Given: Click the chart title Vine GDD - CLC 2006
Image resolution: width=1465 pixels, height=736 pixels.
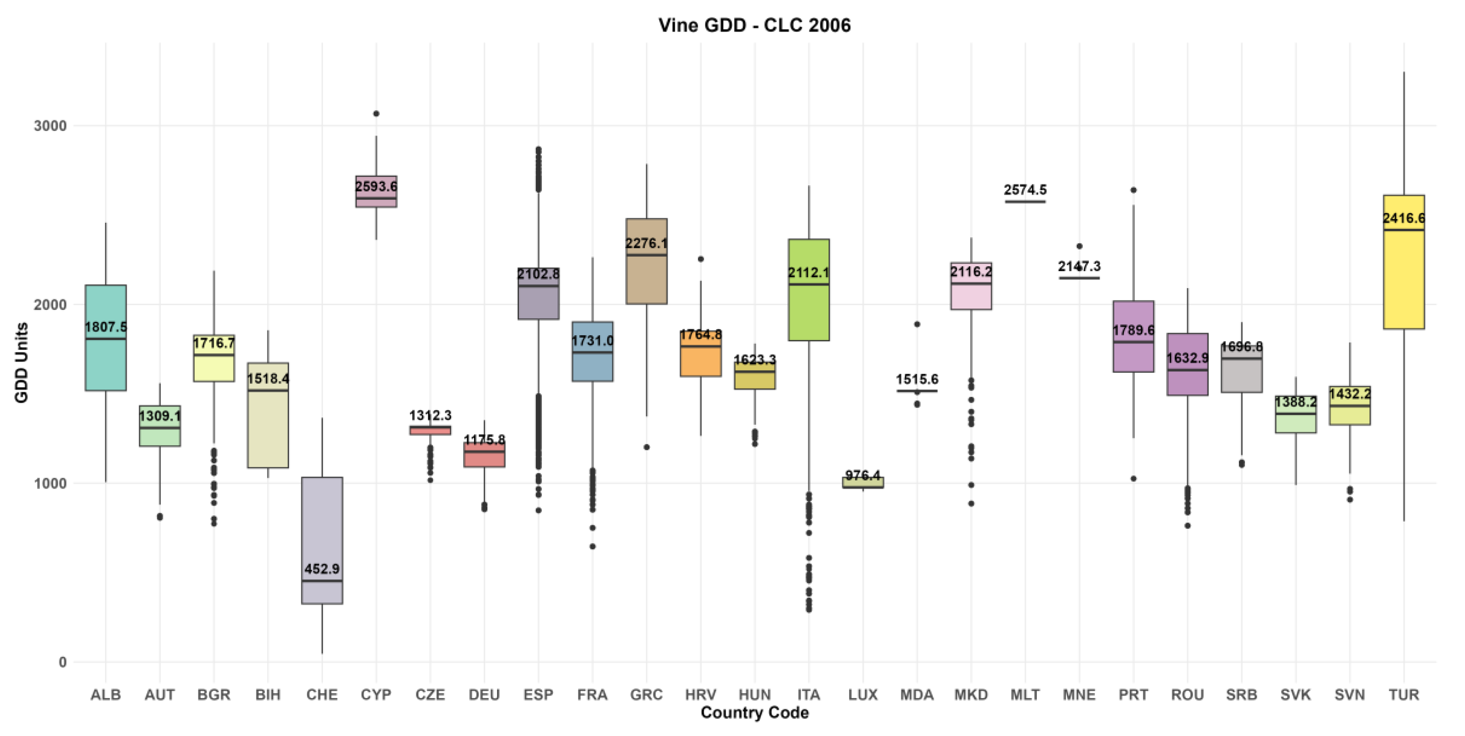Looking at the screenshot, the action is click(754, 25).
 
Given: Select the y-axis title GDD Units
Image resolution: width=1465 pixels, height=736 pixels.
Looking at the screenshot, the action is click(22, 363).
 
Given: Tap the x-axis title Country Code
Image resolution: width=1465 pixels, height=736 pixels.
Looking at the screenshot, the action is click(754, 713).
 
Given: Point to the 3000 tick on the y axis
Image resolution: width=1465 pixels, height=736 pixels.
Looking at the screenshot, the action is click(50, 126).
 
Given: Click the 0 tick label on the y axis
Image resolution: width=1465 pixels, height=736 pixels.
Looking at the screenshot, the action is click(62, 662).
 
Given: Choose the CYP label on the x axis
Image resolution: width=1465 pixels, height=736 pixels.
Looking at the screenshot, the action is click(376, 695).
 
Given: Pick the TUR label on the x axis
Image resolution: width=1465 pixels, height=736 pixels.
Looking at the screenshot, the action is click(1404, 695).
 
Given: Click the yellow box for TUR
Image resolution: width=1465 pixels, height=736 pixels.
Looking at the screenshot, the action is click(1404, 262).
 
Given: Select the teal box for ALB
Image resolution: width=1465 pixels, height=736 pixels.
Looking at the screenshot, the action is click(106, 338).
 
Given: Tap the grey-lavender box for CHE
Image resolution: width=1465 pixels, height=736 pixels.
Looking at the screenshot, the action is click(322, 541).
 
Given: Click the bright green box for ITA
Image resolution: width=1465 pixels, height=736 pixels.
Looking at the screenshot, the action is click(809, 290).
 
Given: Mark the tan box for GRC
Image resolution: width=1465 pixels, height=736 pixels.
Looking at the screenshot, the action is click(647, 261).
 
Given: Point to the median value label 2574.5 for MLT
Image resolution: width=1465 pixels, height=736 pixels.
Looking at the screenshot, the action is click(1025, 190).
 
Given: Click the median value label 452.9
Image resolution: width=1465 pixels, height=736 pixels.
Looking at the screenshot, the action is click(322, 569).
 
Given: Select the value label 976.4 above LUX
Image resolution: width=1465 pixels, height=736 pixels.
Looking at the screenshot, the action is click(863, 475).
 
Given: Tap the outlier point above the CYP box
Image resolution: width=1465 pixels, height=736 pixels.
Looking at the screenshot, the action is click(376, 114).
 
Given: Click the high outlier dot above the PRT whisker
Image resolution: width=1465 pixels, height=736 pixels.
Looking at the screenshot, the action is click(1134, 190).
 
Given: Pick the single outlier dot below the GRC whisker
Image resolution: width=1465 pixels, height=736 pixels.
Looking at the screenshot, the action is click(647, 447).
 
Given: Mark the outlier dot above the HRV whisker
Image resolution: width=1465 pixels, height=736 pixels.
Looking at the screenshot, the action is click(701, 259).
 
